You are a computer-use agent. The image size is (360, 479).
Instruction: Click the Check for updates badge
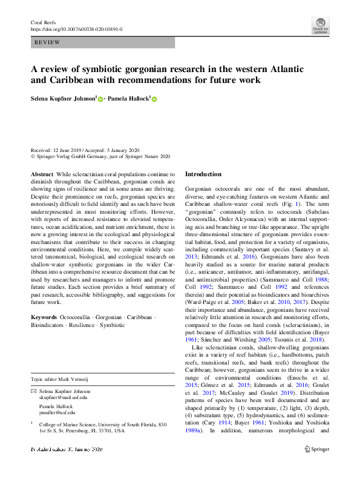(x=320, y=25)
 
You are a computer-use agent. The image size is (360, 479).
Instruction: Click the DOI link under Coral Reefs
(x=76, y=28)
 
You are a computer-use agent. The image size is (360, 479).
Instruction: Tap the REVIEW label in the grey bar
(x=47, y=43)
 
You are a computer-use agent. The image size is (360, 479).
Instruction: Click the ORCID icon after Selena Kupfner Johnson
(x=100, y=99)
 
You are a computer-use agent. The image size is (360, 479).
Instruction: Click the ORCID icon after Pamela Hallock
(x=154, y=99)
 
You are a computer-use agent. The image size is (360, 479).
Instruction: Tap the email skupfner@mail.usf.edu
(x=63, y=397)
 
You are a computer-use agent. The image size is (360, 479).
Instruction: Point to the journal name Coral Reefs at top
(x=42, y=22)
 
